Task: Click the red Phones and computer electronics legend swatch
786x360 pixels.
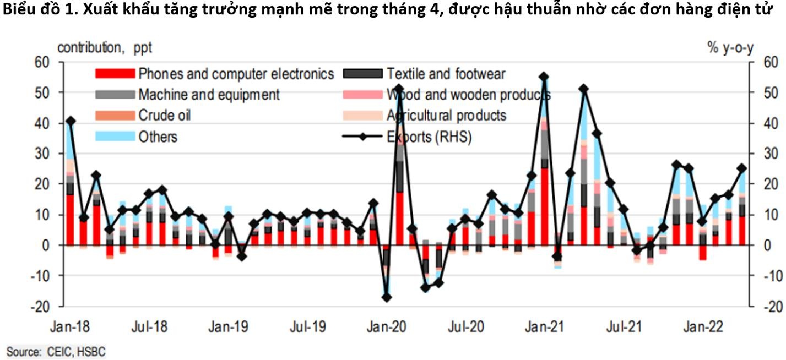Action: (115, 73)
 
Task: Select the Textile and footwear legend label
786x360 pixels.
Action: (446, 73)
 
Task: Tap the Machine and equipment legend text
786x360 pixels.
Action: (209, 94)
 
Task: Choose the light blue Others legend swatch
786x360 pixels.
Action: (115, 136)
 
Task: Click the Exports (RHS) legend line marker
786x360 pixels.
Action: (362, 136)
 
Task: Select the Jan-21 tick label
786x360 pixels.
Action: (544, 327)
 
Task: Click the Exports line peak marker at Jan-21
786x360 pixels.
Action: (544, 77)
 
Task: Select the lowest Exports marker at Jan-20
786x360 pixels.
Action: (387, 297)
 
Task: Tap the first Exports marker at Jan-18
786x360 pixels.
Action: (70, 121)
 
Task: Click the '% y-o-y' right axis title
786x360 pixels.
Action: (730, 48)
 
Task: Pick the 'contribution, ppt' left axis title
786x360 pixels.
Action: (105, 48)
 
